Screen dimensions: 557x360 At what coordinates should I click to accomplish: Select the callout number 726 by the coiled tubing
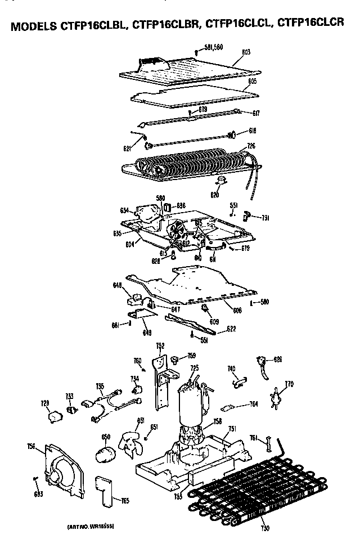click(251, 146)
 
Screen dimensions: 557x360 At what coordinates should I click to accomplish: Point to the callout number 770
click(289, 384)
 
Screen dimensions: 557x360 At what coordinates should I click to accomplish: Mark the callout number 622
click(231, 329)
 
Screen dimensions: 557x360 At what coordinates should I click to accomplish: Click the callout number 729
click(45, 403)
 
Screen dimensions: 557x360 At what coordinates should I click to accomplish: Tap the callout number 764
click(254, 404)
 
